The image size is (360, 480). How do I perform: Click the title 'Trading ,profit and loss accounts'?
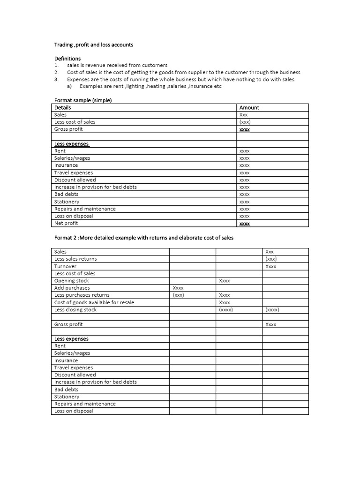94,45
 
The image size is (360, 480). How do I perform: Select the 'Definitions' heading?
67,59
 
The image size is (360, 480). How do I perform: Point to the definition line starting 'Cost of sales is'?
183,72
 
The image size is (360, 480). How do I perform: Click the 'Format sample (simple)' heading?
83,100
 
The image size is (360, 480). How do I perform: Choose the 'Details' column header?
63,107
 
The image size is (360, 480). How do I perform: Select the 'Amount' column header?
249,107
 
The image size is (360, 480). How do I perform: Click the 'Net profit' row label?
66,224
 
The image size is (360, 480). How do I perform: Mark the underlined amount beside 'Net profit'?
244,224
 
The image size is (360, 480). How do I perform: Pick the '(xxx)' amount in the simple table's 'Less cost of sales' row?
245,122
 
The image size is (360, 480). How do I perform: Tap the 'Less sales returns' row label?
75,259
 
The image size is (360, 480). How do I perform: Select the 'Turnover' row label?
65,266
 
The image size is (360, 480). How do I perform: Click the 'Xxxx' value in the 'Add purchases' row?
178,288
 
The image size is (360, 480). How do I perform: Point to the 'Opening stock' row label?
71,281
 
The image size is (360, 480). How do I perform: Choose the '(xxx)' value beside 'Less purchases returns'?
178,295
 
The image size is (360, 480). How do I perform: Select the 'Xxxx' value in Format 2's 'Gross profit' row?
270,324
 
